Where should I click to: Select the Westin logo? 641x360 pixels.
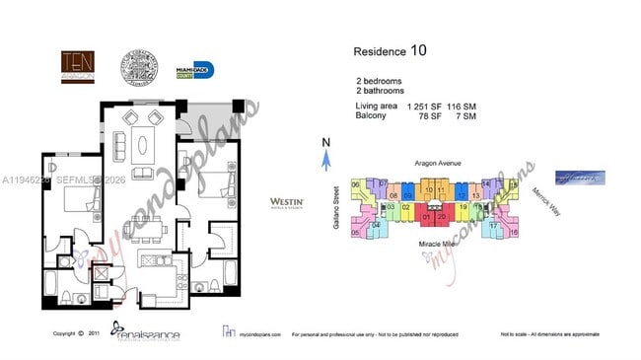(x=285, y=203)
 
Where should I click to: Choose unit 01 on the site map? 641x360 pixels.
(x=427, y=216)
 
